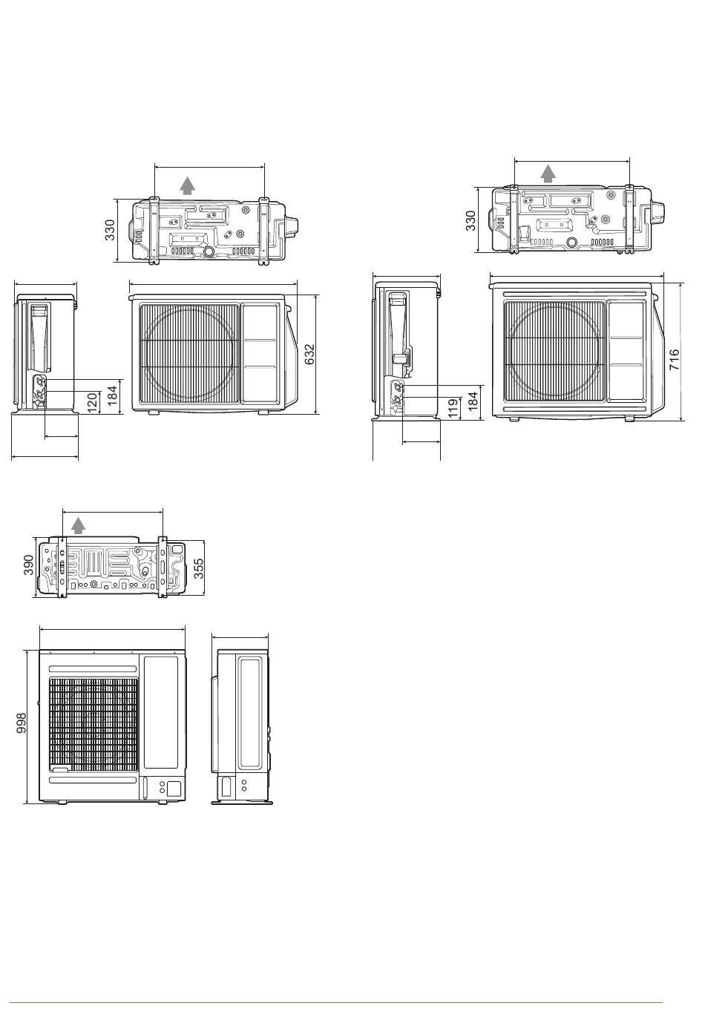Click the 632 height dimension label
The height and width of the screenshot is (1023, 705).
[309, 354]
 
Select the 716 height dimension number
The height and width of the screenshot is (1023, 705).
[674, 359]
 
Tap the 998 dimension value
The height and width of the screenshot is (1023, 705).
[21, 723]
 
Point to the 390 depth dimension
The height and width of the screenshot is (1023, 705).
[28, 565]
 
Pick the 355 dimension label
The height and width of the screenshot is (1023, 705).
[198, 568]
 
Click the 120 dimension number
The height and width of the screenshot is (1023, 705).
[92, 402]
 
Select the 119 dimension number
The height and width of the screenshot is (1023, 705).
[453, 408]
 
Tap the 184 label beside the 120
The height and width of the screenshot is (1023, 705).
[112, 396]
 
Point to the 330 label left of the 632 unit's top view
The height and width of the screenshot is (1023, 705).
[110, 230]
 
